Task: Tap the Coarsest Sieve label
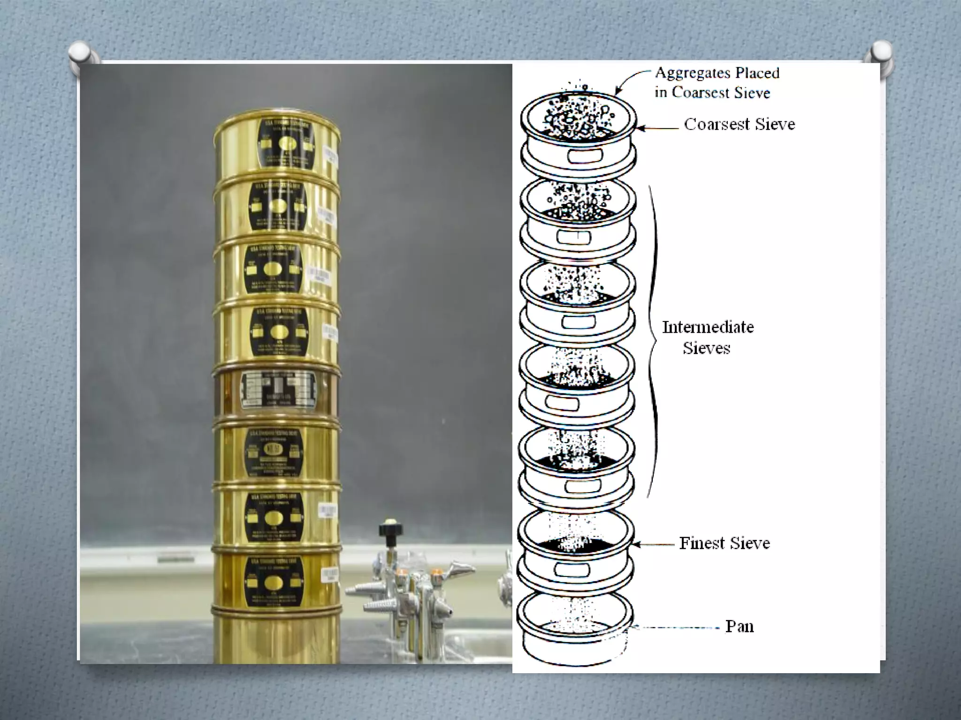click(740, 124)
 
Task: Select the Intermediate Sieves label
click(708, 337)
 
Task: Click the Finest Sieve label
click(725, 543)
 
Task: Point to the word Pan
click(739, 627)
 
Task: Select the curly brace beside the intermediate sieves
click(653, 341)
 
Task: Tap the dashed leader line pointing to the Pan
click(676, 627)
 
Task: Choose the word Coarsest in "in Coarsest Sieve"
click(699, 93)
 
